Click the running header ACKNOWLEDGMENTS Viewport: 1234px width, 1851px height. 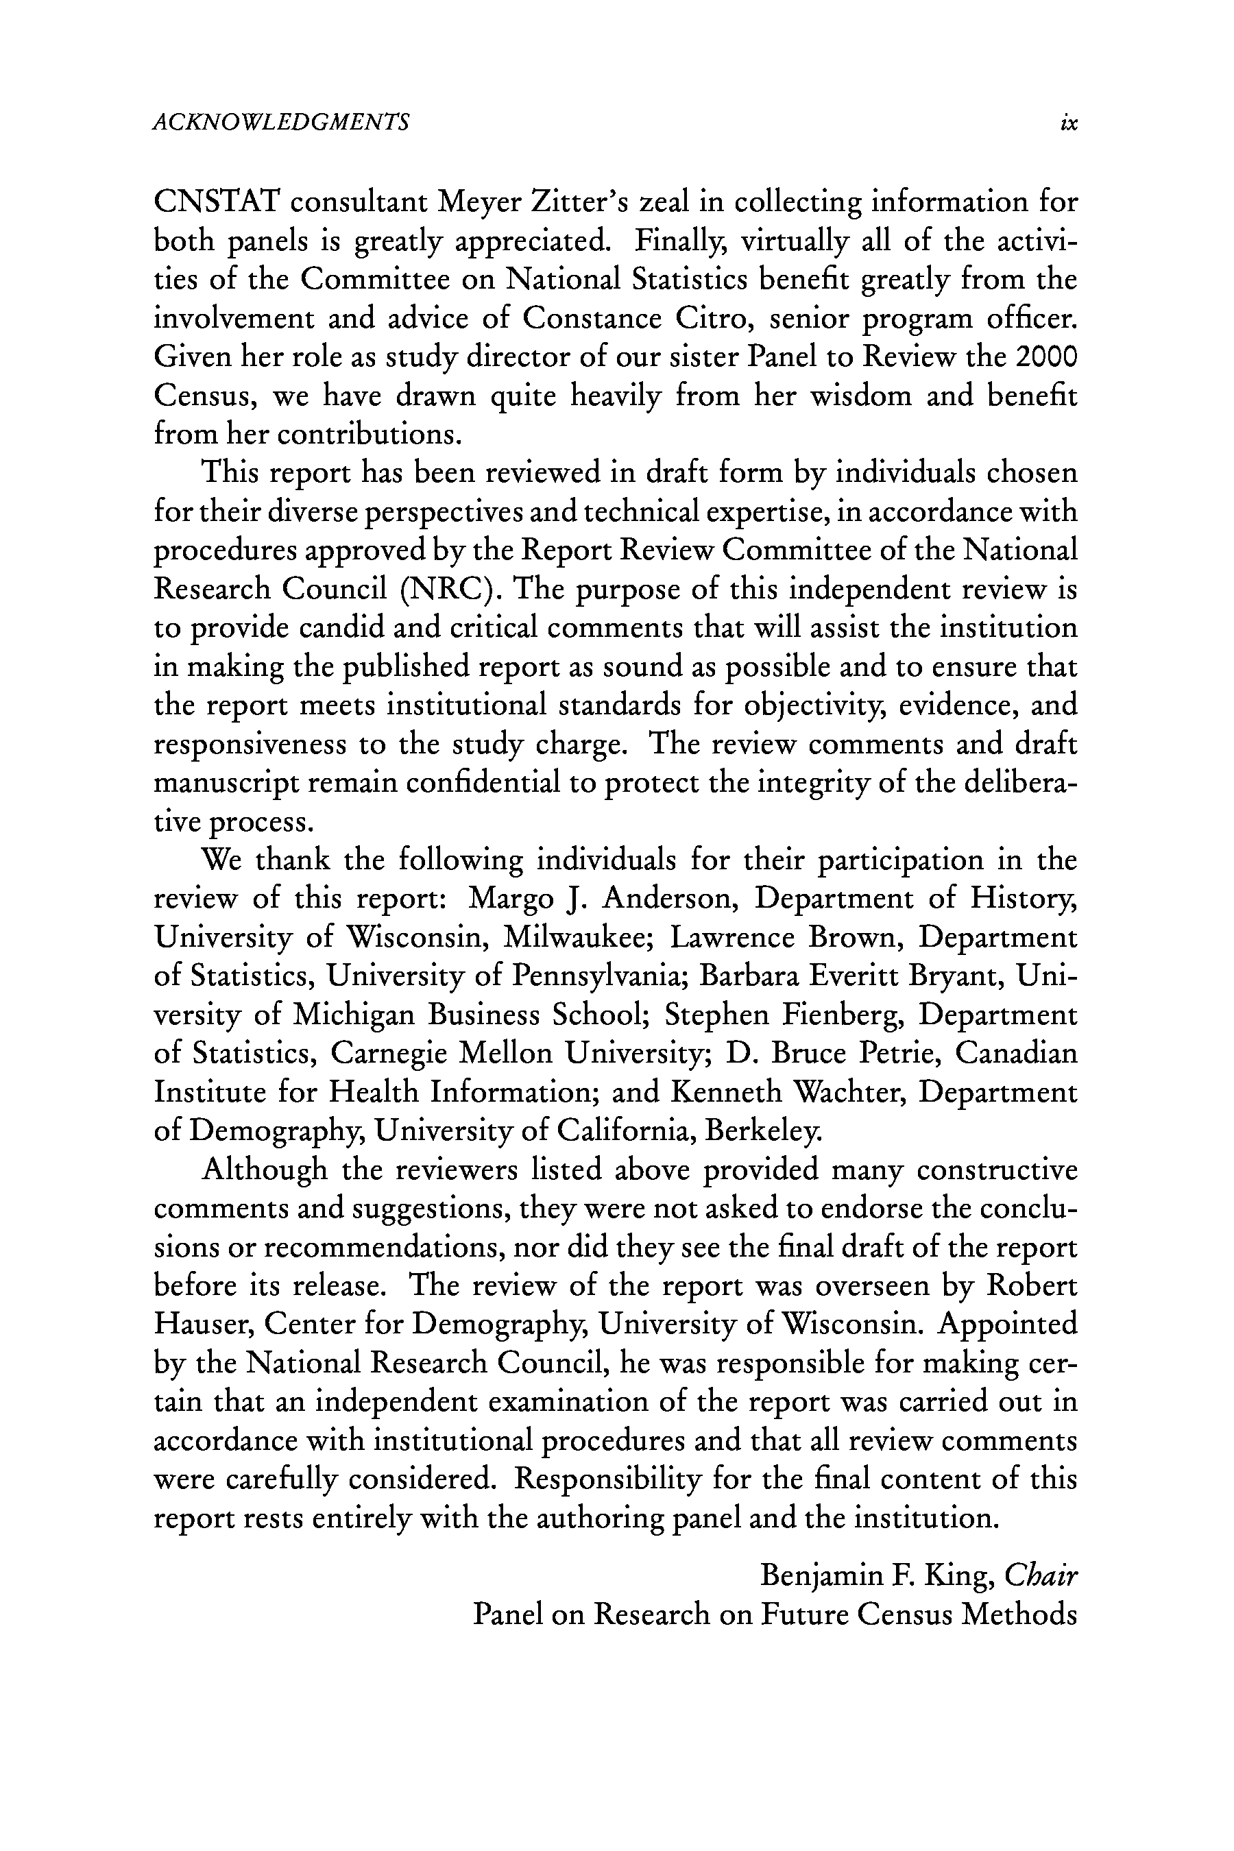pyautogui.click(x=281, y=122)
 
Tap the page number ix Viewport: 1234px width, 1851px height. pyautogui.click(x=1068, y=123)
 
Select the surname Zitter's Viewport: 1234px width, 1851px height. pyautogui.click(x=579, y=202)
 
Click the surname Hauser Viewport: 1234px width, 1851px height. pyautogui.click(x=202, y=1324)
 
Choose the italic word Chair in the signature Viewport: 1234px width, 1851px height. pyautogui.click(x=1041, y=1575)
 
